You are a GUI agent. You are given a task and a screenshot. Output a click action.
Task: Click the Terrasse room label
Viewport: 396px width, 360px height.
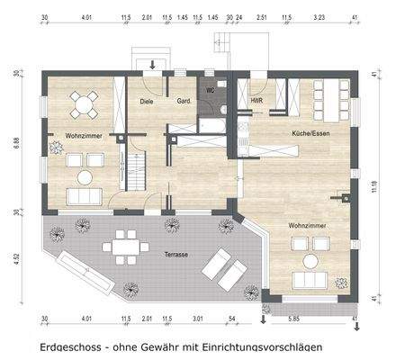click(176, 255)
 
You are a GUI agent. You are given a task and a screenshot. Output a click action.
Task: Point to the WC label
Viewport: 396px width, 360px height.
click(211, 91)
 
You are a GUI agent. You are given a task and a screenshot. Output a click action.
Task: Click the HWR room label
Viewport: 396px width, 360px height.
click(257, 101)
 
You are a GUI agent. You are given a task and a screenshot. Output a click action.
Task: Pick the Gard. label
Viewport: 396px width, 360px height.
click(185, 101)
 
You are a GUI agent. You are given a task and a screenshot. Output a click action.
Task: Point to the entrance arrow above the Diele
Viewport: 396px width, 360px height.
click(152, 65)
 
